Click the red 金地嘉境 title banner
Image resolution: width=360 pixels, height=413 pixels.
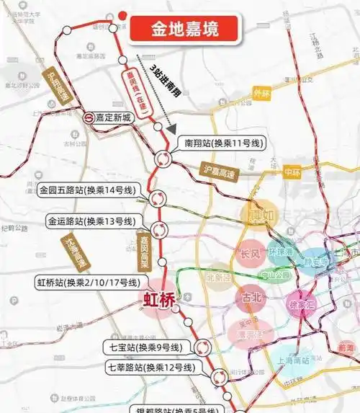point(184,30)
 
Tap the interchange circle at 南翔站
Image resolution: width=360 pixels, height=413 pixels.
point(163,159)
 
